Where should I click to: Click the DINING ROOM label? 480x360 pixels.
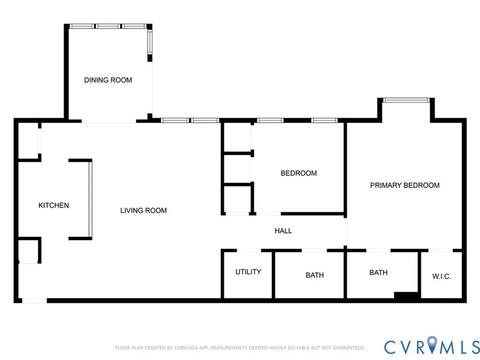[108, 80]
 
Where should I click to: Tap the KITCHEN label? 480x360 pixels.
[53, 205]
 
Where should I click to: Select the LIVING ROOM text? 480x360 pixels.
[143, 211]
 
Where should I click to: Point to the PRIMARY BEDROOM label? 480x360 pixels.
[404, 185]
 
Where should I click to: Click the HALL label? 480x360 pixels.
[283, 231]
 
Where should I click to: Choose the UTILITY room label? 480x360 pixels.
[248, 272]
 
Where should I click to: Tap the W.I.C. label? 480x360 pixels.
[442, 277]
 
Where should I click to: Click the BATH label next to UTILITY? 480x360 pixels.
[314, 275]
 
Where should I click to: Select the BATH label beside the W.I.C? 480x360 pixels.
[379, 272]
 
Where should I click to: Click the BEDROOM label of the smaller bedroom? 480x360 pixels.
[299, 173]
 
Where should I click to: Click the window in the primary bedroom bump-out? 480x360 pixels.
[406, 100]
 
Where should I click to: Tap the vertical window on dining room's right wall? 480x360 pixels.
[149, 42]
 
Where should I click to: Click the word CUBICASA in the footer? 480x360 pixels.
[186, 348]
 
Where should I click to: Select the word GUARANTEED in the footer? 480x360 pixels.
[349, 348]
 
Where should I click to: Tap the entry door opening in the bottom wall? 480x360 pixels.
[34, 301]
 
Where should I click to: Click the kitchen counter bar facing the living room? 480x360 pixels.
[91, 199]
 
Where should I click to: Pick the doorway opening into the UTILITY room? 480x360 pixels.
[249, 250]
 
